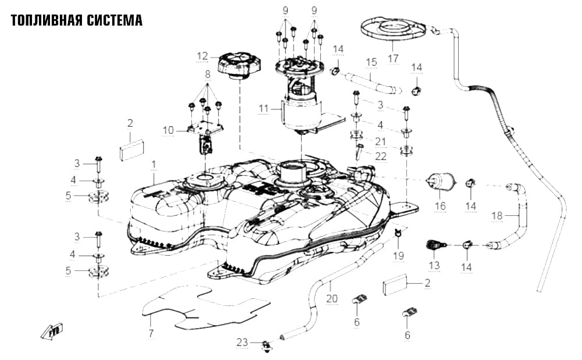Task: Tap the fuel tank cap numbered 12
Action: [240, 66]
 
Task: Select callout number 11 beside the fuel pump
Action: [263, 109]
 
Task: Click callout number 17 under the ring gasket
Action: [393, 58]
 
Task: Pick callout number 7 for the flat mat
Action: [151, 333]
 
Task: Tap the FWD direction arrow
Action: [52, 332]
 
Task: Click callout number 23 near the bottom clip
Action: [242, 342]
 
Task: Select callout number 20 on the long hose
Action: [332, 298]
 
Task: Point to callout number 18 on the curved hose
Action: [497, 215]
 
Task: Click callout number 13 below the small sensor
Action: [434, 265]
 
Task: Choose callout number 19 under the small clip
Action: [398, 255]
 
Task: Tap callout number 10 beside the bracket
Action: [168, 130]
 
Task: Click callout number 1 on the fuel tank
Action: [154, 165]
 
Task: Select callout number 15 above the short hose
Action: [372, 62]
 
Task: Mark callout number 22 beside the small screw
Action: [381, 156]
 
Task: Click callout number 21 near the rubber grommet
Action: [381, 141]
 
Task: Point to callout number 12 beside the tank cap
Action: [202, 56]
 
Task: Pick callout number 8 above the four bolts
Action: [208, 74]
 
